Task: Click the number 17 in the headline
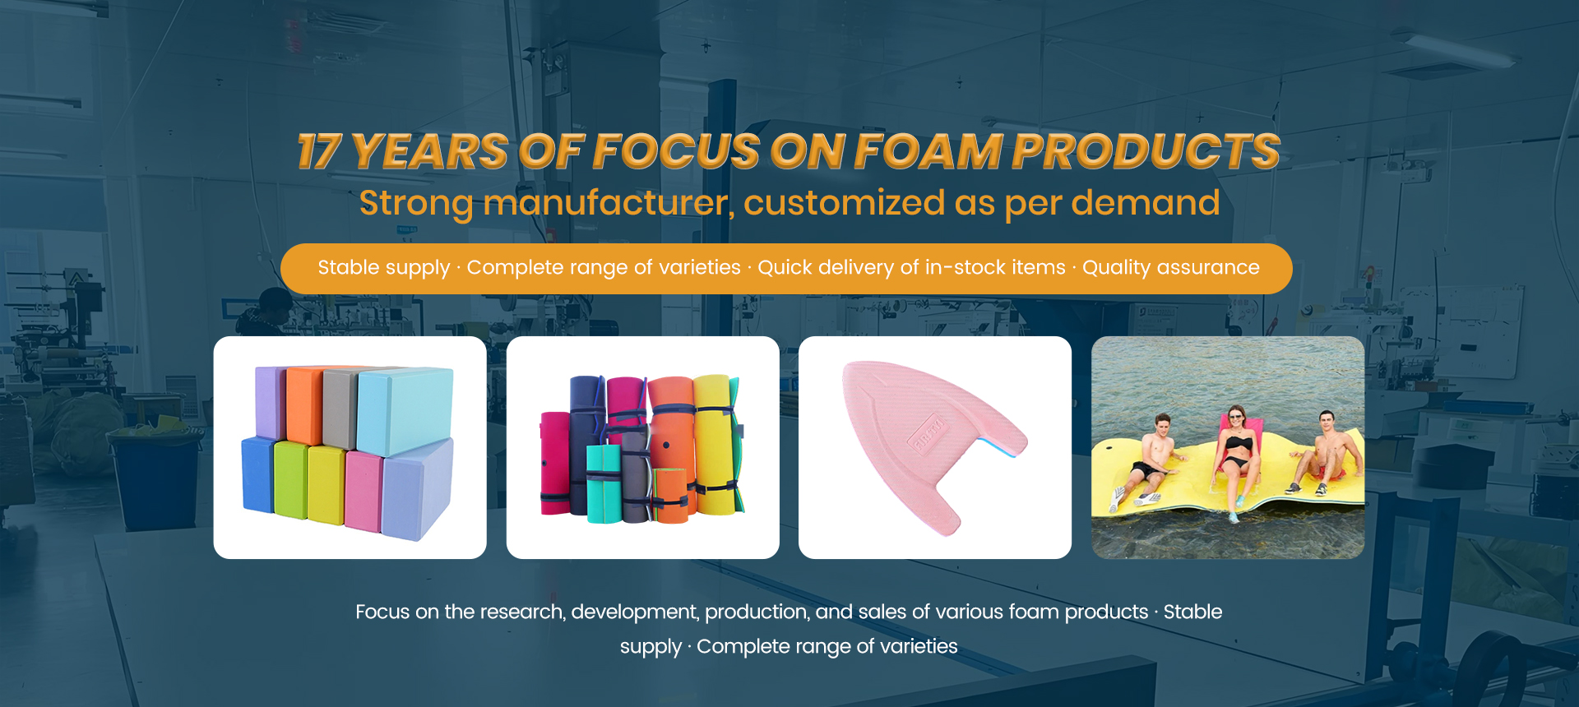[319, 152]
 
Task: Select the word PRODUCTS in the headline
[1146, 152]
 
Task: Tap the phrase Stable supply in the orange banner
[384, 268]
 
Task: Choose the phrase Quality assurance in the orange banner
[1171, 268]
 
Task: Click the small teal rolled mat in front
[604, 484]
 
